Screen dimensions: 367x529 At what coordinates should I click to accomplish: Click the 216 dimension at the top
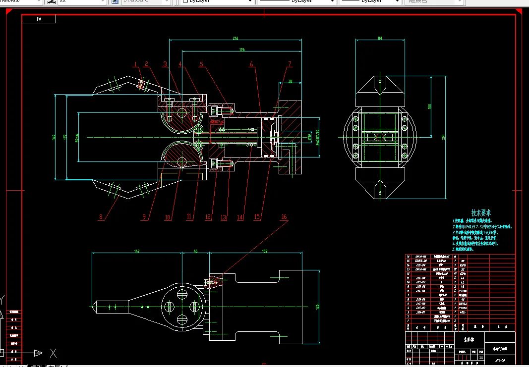235,38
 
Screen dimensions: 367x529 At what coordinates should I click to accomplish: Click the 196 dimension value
241,50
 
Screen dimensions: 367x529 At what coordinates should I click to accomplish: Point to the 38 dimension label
290,81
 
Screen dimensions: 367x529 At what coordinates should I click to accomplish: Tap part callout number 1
135,63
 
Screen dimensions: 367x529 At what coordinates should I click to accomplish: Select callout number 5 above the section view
201,64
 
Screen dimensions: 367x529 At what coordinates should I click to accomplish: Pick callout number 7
290,64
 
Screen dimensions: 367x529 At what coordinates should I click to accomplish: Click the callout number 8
101,217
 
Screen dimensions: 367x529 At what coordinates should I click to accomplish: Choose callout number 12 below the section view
208,217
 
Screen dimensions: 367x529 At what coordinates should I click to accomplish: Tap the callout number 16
284,217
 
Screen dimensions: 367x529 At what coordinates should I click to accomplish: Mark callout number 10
168,217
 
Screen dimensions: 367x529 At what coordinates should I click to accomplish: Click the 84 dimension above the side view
380,38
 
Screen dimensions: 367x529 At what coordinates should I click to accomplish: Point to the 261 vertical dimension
443,137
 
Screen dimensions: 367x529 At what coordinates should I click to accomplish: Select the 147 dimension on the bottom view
137,251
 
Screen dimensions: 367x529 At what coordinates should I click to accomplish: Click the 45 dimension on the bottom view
195,251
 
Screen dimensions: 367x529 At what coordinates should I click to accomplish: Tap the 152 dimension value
264,251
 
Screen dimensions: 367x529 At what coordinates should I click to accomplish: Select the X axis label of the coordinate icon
53,353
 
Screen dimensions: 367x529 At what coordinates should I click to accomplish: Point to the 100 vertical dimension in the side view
430,105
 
